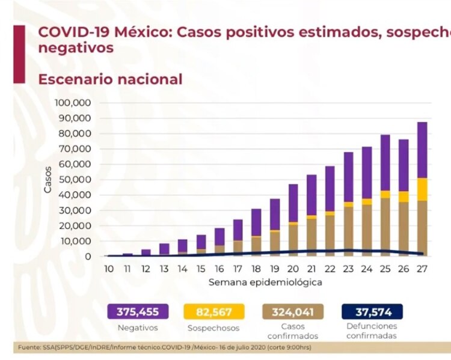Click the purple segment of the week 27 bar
[423, 150]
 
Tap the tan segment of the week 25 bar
[385, 225]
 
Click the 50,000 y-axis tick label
[75, 180]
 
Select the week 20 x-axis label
[293, 269]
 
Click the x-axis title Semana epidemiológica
[265, 282]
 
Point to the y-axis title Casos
[48, 179]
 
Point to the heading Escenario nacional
[110, 79]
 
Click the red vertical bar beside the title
[19, 53]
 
